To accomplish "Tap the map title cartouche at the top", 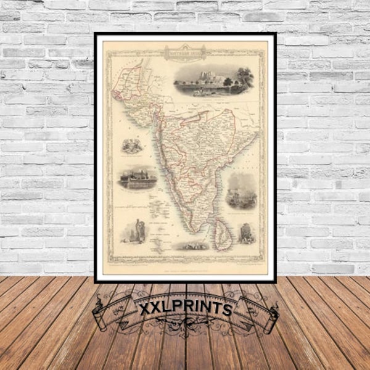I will point(185,54).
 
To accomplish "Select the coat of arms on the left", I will point(130,146).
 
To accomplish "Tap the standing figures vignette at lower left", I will point(133,231).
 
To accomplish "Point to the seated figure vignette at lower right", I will point(245,233).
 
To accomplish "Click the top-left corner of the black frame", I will point(96,35).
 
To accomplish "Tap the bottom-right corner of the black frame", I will point(274,281).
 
